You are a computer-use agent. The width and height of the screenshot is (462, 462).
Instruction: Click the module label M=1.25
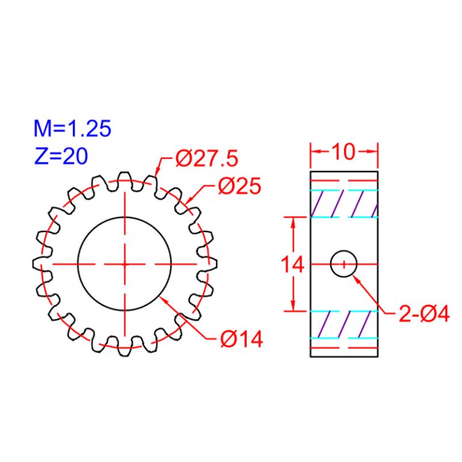tap(73, 129)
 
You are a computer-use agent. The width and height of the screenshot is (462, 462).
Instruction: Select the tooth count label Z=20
tap(61, 156)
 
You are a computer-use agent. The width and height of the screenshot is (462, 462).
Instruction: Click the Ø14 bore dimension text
tap(241, 340)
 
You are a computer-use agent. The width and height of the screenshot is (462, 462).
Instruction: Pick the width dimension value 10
tap(343, 152)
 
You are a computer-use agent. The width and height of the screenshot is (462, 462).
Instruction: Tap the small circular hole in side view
tap(343, 264)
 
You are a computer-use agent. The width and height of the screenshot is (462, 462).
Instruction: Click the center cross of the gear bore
tap(125, 264)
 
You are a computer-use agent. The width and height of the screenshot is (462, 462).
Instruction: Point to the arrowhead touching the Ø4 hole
tap(356, 278)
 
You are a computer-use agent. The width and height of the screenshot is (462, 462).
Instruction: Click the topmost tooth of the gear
tap(125, 177)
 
